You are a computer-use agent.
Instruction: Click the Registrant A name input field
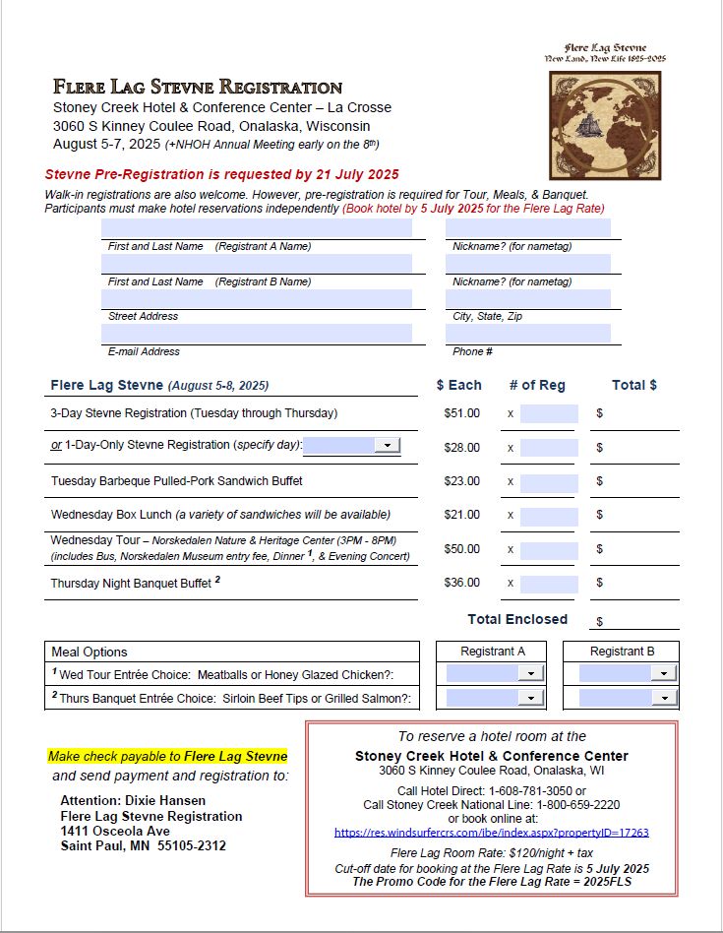(x=257, y=228)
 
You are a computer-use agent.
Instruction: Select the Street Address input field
(x=257, y=298)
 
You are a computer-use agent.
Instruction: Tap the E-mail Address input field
(x=257, y=334)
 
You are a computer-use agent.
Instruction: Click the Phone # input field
(x=527, y=334)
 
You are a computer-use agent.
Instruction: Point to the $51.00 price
(x=461, y=413)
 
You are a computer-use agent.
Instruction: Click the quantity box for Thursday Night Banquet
(x=549, y=583)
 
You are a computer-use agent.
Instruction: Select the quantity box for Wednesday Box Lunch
(x=549, y=515)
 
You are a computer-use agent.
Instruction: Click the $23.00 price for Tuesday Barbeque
(x=461, y=481)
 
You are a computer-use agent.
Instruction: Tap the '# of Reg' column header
(x=537, y=385)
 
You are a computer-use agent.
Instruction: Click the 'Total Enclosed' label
(x=516, y=619)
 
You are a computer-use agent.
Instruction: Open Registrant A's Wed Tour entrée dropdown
(x=530, y=673)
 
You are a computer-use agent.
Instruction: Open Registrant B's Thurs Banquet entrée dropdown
(x=663, y=698)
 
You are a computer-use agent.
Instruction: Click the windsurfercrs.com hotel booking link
(x=491, y=833)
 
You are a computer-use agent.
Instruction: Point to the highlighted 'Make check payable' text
(x=167, y=757)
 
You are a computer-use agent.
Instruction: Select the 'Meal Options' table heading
(x=90, y=652)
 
